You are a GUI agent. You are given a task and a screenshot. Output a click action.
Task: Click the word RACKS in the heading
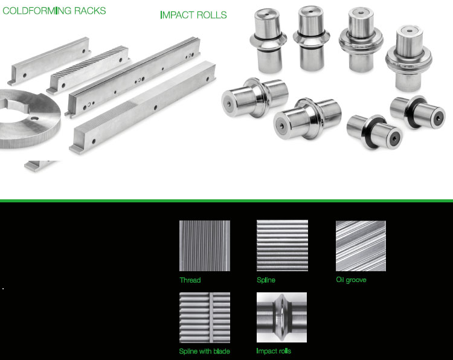(90, 11)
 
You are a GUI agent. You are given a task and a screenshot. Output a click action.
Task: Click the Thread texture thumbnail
(205, 246)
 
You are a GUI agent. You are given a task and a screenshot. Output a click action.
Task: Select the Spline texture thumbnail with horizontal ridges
(282, 246)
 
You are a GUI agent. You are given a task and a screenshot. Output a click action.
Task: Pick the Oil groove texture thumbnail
(361, 246)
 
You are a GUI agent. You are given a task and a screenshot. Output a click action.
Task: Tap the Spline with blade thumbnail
(205, 318)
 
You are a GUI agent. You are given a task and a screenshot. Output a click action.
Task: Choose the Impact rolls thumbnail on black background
(281, 317)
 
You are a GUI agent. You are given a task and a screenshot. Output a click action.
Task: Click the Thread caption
(190, 280)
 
